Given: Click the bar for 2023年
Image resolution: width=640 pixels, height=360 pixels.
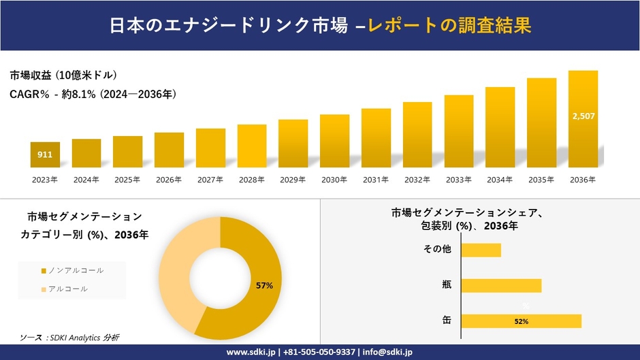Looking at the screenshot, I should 45,154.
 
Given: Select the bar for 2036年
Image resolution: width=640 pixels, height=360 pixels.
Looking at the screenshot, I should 583,119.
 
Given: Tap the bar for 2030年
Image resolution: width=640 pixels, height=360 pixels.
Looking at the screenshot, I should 334,141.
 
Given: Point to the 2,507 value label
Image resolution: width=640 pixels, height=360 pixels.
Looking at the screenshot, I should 583,116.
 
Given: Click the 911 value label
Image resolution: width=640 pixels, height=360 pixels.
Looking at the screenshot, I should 45,155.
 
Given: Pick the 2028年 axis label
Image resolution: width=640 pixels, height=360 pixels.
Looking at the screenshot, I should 252,180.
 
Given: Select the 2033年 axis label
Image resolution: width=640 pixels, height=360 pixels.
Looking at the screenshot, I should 459,180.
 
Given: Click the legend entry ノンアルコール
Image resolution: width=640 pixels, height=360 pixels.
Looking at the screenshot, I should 72,270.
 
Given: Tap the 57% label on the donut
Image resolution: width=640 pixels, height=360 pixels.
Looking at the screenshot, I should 264,286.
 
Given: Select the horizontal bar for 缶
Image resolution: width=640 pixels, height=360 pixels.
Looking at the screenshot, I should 521,321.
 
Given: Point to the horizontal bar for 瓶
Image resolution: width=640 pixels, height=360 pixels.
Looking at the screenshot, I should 501,285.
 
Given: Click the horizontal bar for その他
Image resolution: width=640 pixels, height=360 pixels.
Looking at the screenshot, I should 481,250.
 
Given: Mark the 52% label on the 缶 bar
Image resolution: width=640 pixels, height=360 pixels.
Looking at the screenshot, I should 522,321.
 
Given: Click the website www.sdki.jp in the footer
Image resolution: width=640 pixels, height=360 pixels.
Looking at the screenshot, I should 251,352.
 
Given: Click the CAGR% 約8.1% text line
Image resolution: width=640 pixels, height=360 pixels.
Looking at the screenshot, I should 93,95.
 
